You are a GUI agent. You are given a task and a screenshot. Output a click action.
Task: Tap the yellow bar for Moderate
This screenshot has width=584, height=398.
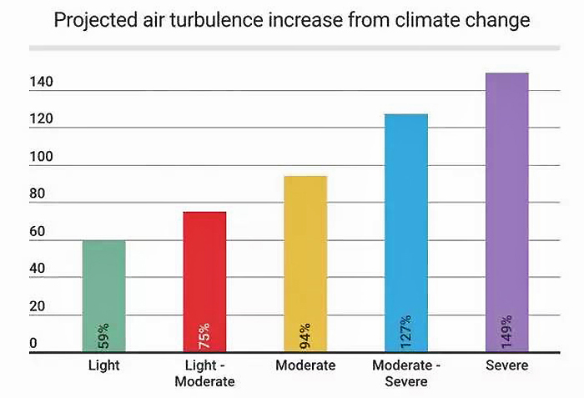click(305, 250)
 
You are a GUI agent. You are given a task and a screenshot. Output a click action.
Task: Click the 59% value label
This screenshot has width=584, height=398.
click(104, 335)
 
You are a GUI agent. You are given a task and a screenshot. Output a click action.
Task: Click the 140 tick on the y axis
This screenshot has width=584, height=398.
click(41, 83)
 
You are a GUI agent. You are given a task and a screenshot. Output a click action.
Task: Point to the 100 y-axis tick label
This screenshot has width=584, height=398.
click(41, 158)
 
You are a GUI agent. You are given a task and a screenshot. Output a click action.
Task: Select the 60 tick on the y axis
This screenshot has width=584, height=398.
click(37, 233)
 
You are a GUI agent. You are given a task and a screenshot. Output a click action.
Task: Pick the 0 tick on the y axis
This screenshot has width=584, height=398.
click(33, 344)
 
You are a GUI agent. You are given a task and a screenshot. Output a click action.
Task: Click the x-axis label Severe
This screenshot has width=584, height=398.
click(507, 365)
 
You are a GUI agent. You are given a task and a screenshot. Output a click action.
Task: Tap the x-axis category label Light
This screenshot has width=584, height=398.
click(103, 365)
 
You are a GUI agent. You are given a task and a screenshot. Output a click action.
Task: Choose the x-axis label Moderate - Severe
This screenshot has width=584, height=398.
click(405, 373)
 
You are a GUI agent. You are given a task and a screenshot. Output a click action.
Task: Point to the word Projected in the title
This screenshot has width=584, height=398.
click(93, 20)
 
